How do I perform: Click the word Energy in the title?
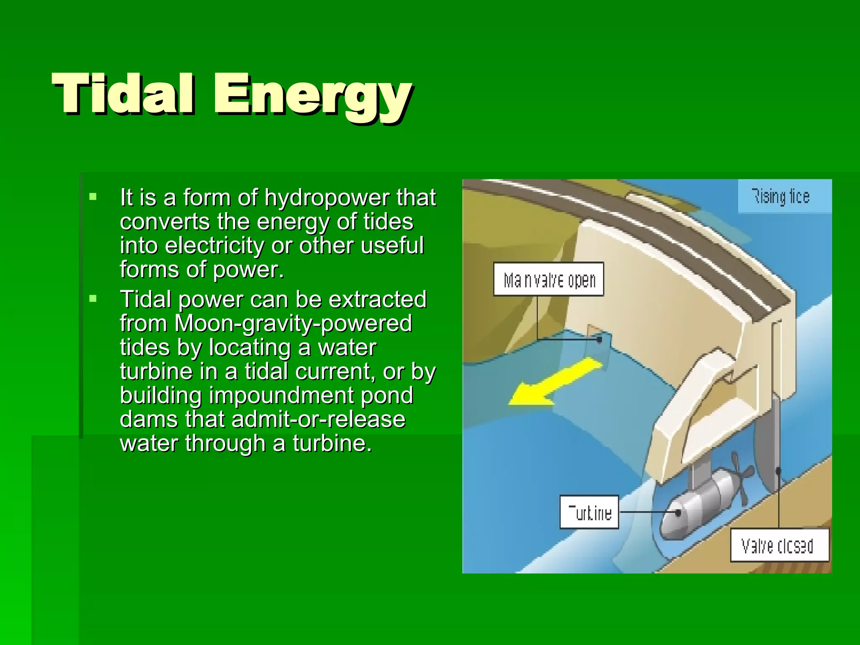312,96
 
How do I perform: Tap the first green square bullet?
93,196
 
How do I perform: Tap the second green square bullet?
93,299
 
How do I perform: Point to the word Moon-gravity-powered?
293,324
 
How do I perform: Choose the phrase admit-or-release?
318,420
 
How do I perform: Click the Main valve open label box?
548,279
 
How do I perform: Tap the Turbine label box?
589,512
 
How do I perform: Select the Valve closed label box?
780,545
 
